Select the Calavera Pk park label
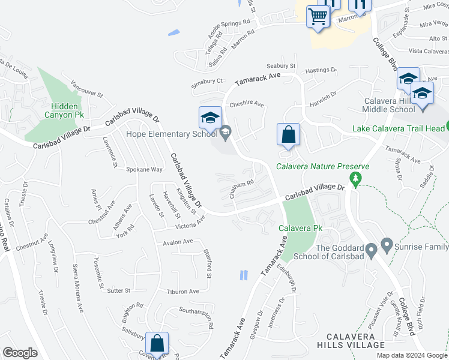click(300, 229)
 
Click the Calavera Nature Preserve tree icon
click(355, 178)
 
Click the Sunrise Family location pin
click(386, 245)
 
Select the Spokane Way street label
click(145, 170)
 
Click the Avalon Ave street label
click(178, 242)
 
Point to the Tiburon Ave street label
click(182, 292)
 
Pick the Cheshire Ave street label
click(246, 104)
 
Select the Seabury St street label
click(282, 66)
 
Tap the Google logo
click(20, 353)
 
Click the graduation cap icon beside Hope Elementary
click(210, 118)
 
